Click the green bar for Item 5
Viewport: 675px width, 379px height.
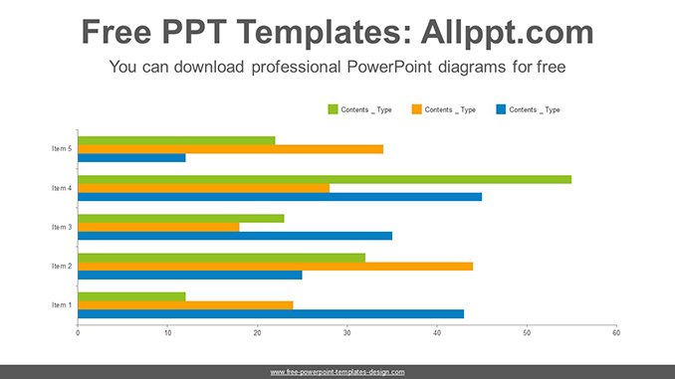[176, 140]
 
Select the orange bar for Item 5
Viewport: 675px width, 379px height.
[230, 149]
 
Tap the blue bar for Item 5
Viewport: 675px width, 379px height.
[131, 157]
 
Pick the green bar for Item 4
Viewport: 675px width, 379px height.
[325, 179]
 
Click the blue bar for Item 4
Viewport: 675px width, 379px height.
[280, 197]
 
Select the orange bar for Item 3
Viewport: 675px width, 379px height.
[158, 227]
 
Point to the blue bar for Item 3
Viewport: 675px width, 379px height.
[235, 236]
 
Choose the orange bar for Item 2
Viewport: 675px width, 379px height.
[275, 266]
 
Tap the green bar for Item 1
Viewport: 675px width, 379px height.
[131, 296]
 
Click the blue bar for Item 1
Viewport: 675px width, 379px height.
[271, 313]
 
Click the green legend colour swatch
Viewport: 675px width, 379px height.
[333, 109]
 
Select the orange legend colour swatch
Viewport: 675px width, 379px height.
[416, 109]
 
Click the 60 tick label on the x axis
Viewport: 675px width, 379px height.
[616, 332]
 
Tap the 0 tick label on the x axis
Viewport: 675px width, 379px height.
[78, 332]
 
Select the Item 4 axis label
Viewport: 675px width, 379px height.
[62, 188]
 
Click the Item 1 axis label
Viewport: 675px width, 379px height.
[62, 304]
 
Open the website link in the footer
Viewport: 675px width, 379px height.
[337, 371]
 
